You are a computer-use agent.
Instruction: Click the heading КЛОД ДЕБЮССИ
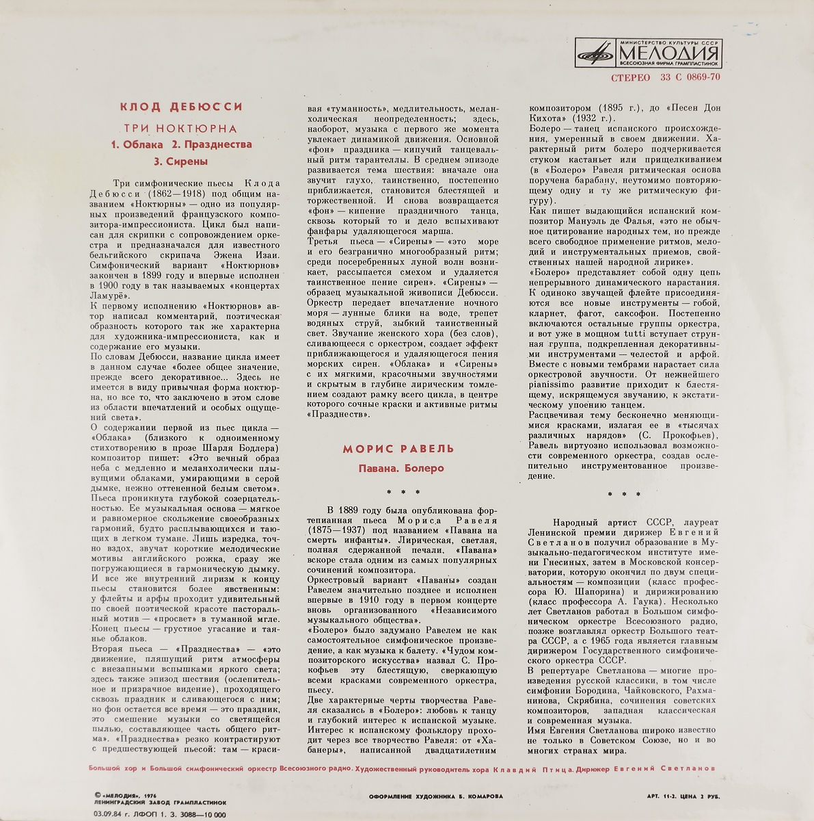(181, 107)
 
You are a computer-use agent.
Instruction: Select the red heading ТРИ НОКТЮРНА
(180, 128)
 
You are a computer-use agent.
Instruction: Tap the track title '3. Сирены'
(180, 162)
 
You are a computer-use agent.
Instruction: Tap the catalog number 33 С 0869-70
(690, 77)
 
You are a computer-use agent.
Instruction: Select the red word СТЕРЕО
(631, 77)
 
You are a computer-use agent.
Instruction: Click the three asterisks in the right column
(625, 494)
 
